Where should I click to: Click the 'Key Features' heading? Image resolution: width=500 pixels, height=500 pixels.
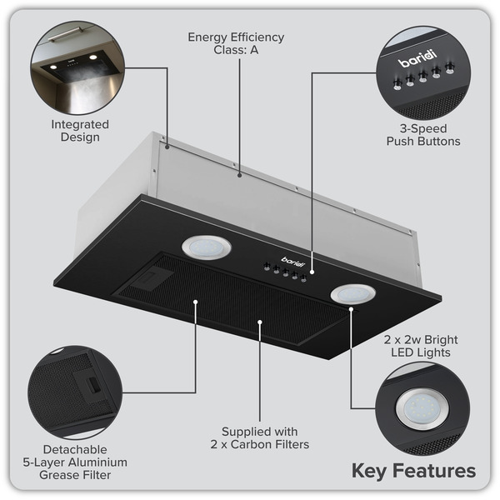tap(413, 471)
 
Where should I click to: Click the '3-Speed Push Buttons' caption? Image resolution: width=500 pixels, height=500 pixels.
tap(422, 136)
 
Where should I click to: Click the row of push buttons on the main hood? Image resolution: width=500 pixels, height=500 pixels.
tap(283, 272)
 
